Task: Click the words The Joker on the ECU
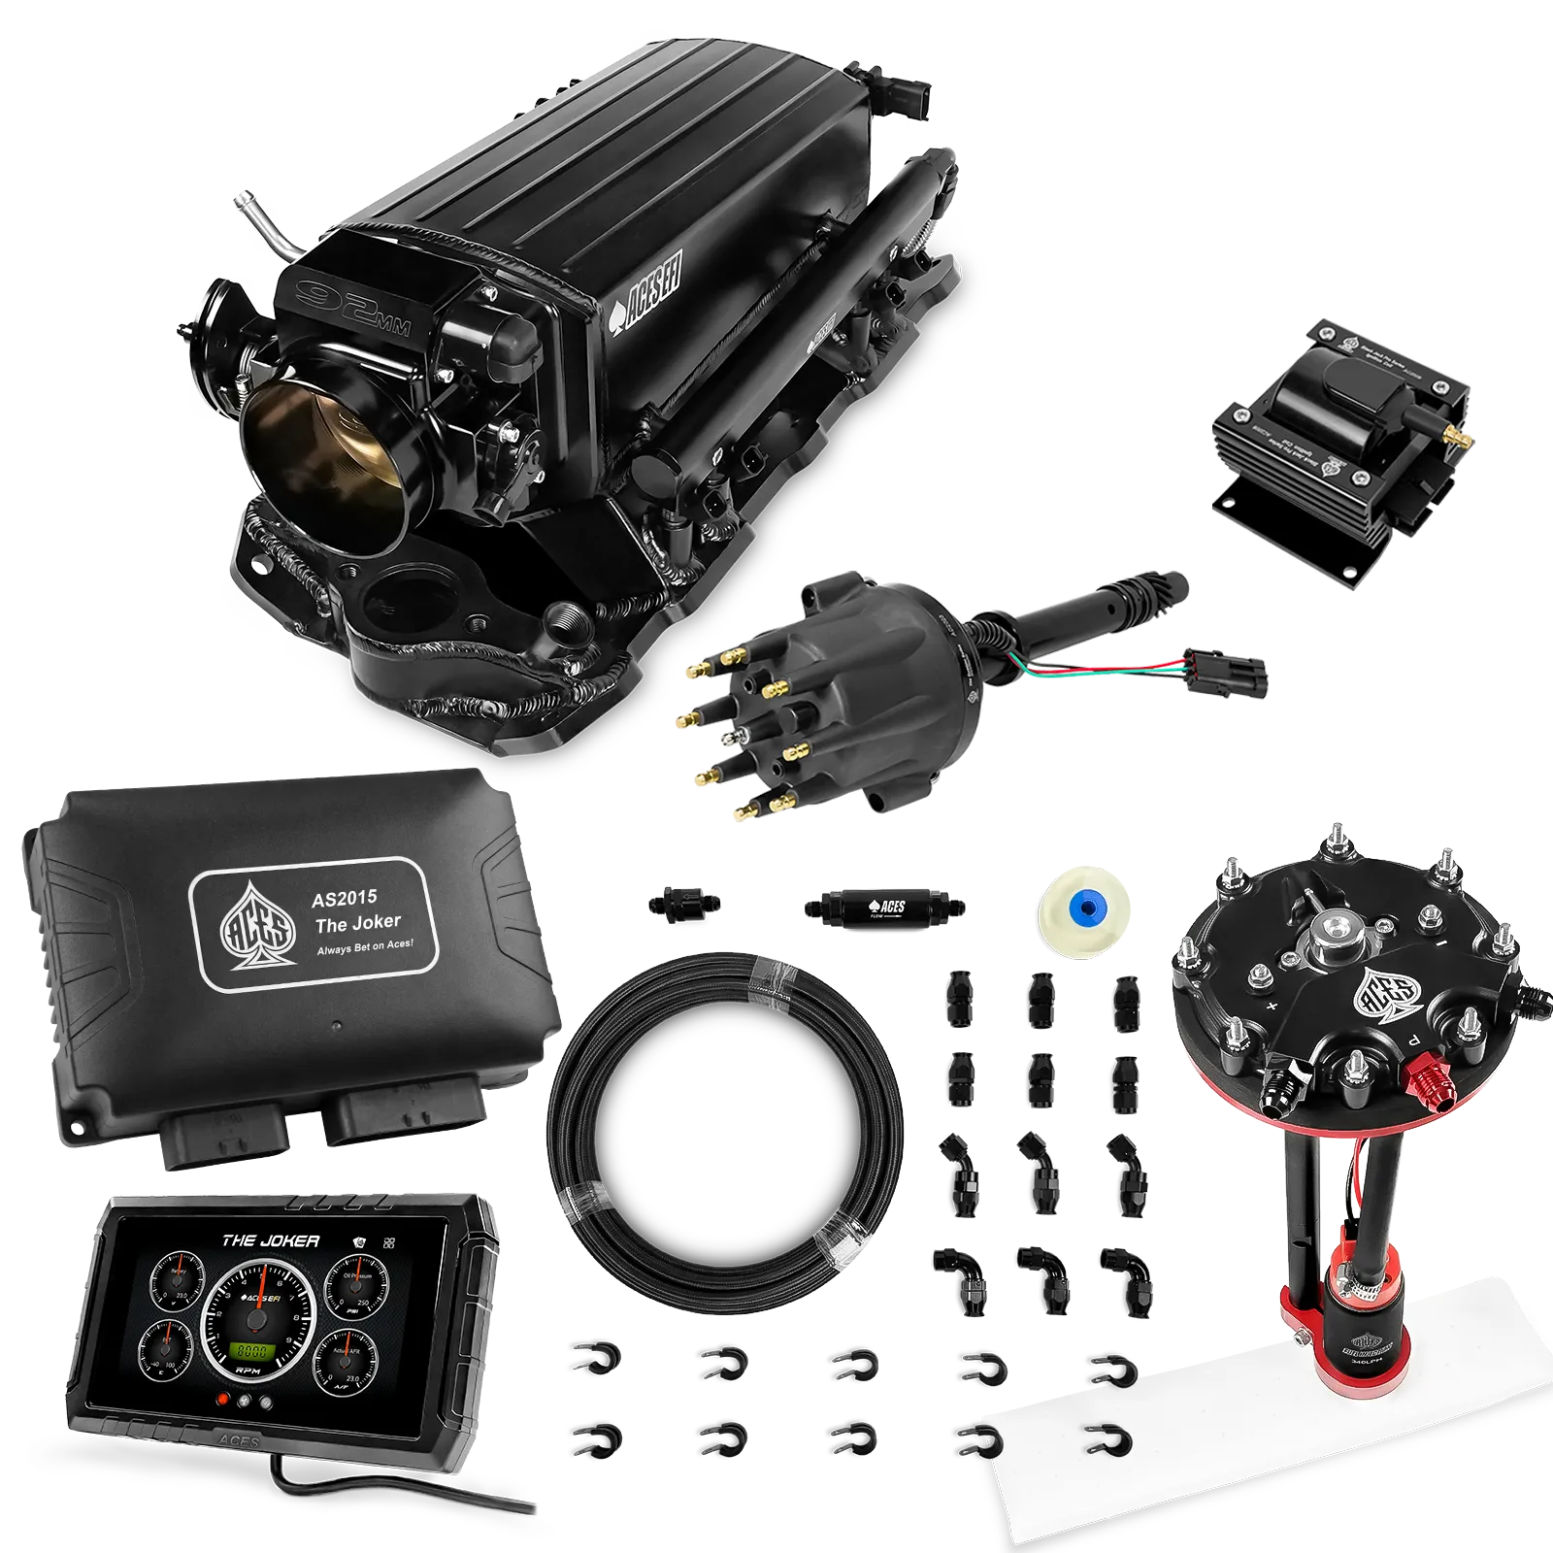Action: (357, 922)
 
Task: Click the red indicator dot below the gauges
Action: (223, 1400)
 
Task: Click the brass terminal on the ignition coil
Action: (1453, 437)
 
